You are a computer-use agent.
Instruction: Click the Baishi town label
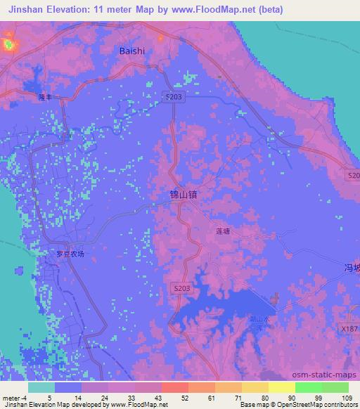click(132, 51)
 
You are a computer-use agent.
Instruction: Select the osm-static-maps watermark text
click(329, 374)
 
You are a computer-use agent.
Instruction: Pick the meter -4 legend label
click(14, 398)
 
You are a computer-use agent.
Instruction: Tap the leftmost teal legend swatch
click(41, 387)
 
